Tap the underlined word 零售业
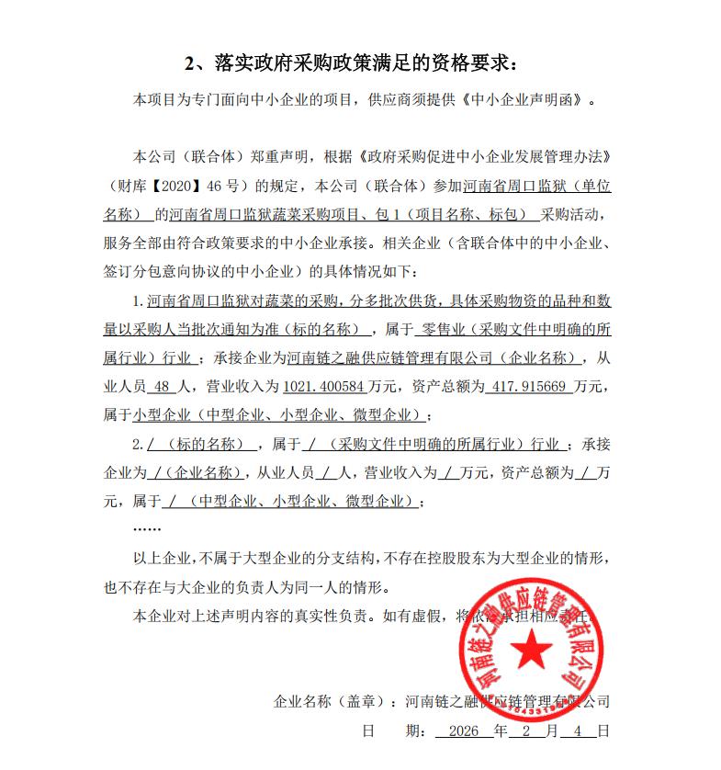pyautogui.click(x=441, y=330)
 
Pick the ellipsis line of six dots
pyautogui.click(x=147, y=530)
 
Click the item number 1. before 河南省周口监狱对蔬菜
pyautogui.click(x=139, y=301)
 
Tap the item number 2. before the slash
pyautogui.click(x=139, y=445)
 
